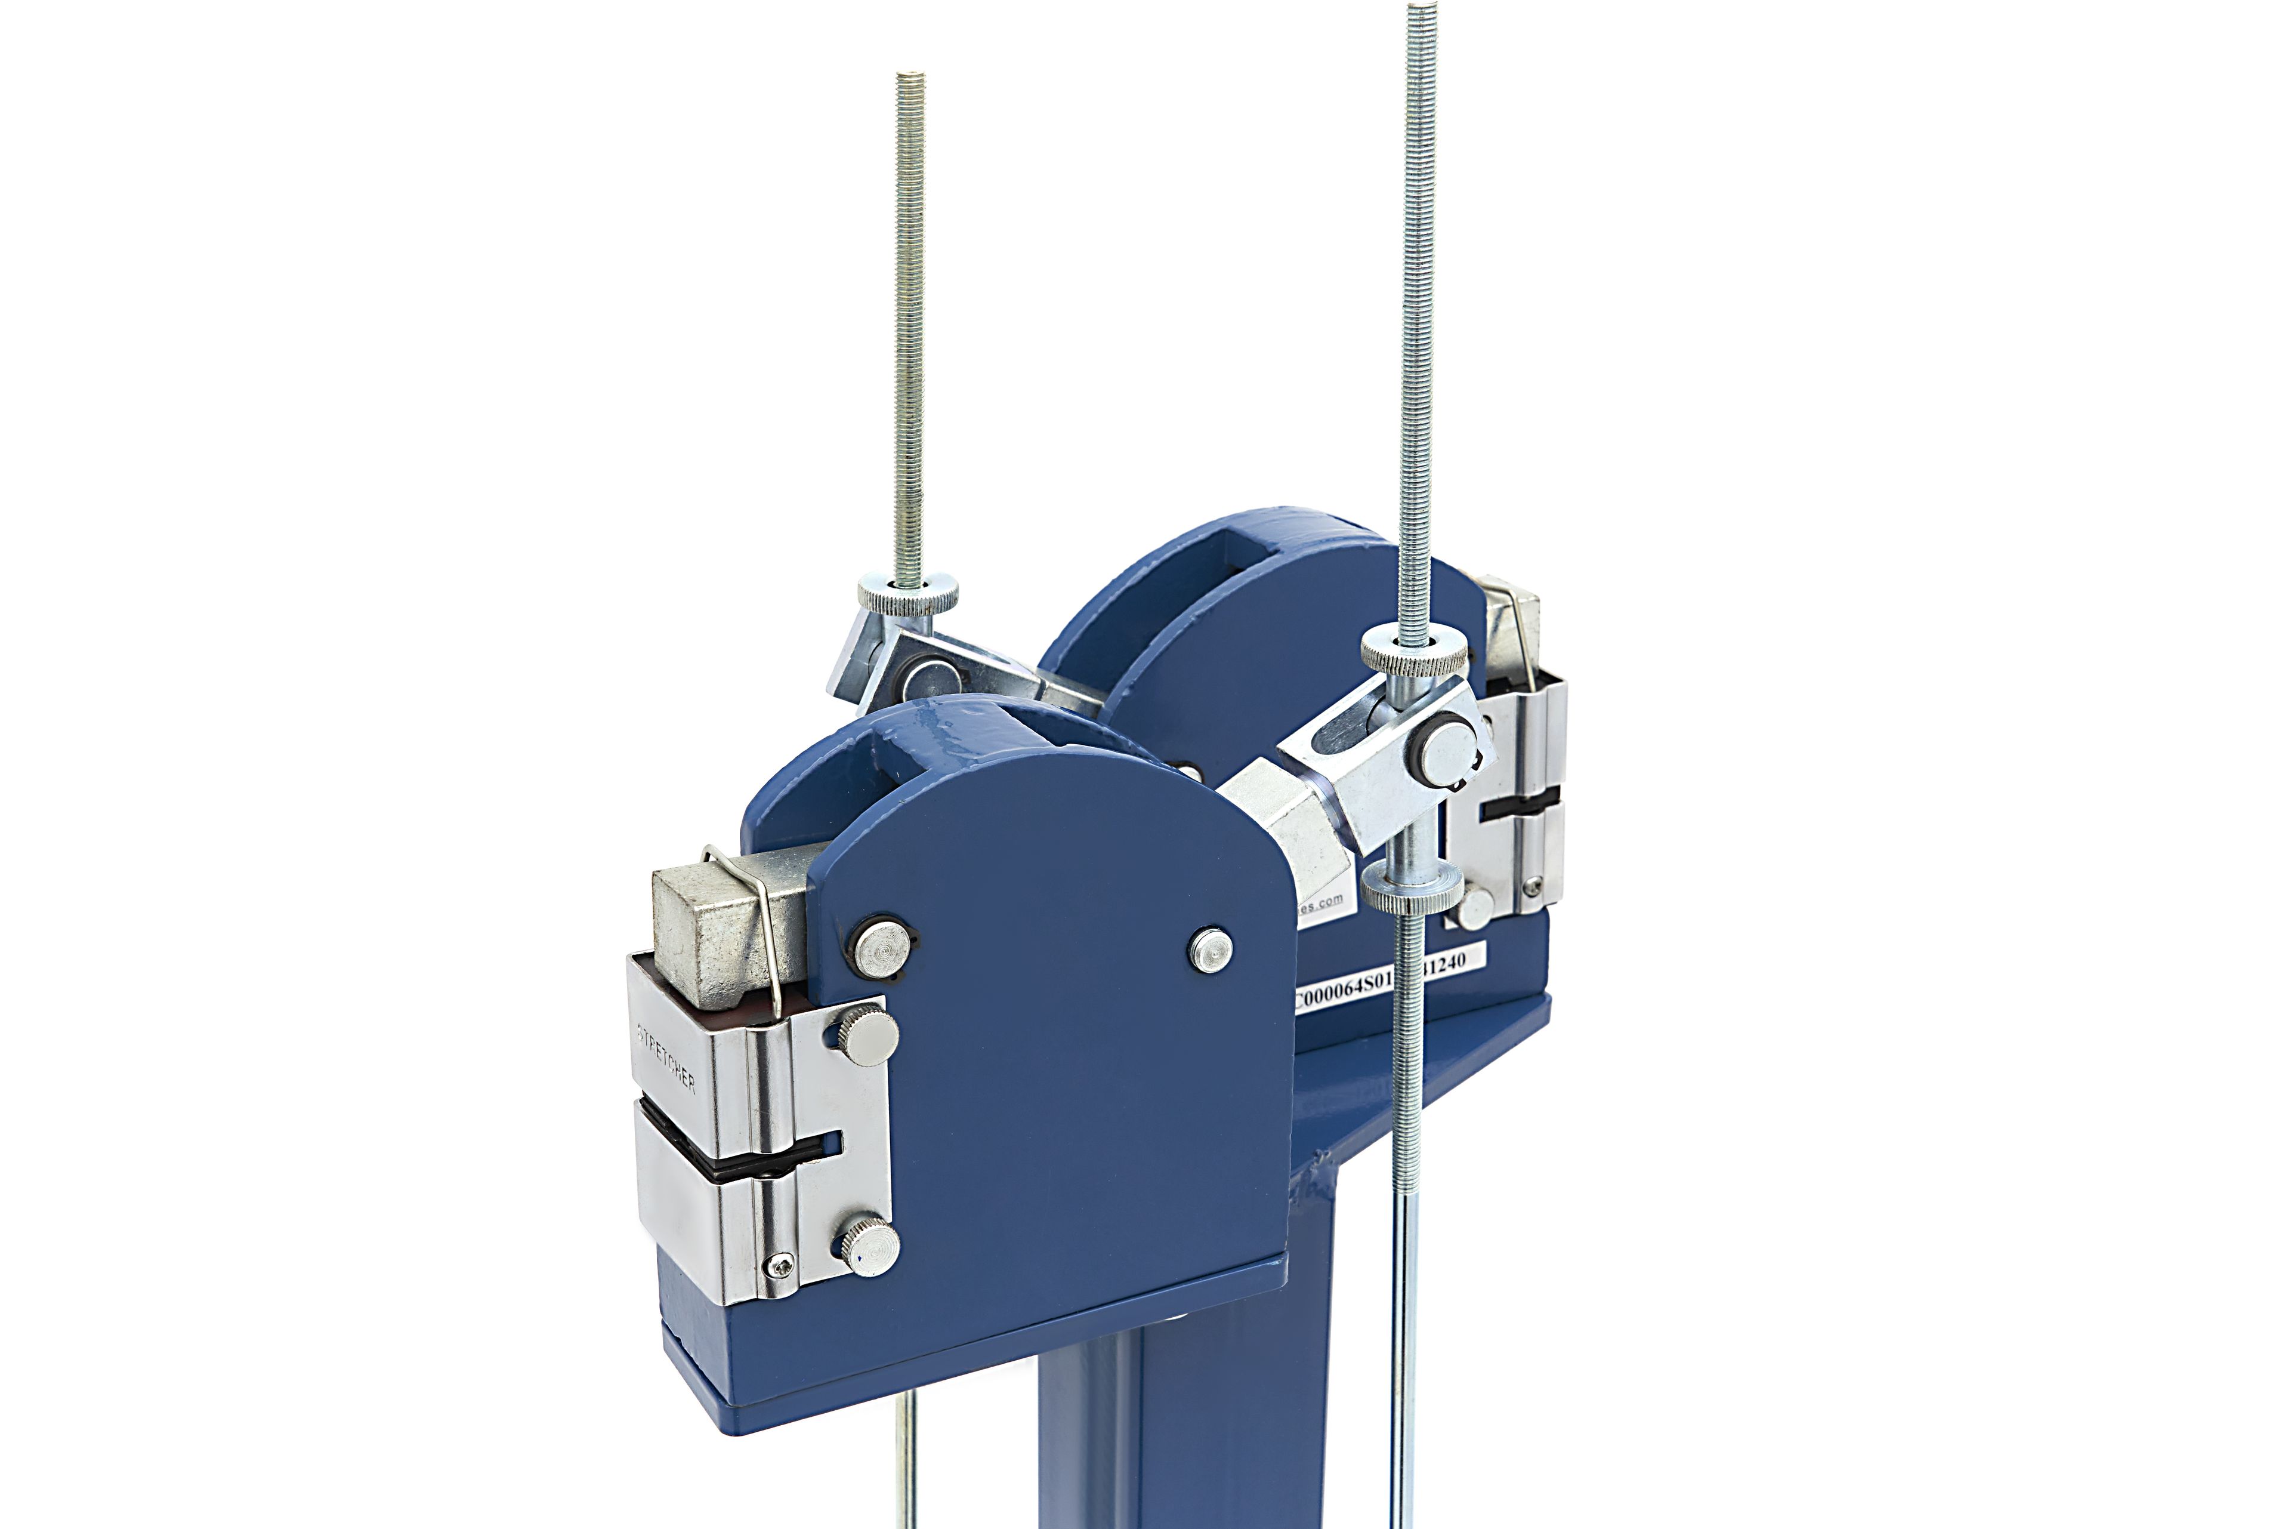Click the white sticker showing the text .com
1321,902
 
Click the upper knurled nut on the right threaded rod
1413,651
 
